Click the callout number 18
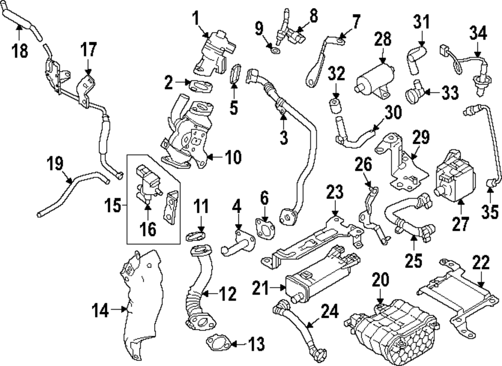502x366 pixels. click(20, 51)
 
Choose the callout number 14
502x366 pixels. click(100, 311)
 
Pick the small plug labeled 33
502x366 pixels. click(413, 93)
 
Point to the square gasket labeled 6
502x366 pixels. click(265, 229)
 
